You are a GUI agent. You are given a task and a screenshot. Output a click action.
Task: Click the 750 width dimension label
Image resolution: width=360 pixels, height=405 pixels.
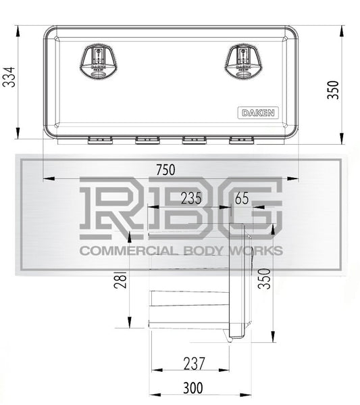[165, 170]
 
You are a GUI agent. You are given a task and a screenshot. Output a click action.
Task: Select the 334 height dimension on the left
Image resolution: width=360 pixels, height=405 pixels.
[9, 77]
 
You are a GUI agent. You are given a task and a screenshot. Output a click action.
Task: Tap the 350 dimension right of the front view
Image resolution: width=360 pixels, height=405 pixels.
[333, 90]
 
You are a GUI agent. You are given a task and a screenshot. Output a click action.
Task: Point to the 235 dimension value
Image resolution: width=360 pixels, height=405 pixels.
[191, 198]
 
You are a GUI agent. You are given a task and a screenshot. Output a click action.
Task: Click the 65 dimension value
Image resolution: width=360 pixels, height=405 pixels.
[242, 198]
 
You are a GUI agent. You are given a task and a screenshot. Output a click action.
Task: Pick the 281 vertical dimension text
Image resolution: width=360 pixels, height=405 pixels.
[120, 279]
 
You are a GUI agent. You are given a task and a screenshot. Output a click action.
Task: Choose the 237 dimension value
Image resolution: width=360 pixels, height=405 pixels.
[194, 363]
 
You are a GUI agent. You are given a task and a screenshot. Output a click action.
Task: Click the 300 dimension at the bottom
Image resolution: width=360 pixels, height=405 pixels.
[192, 388]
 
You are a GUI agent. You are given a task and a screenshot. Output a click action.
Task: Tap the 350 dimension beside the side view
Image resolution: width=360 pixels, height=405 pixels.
[264, 279]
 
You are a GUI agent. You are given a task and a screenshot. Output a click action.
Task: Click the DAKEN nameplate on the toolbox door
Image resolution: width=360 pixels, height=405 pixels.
[258, 113]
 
